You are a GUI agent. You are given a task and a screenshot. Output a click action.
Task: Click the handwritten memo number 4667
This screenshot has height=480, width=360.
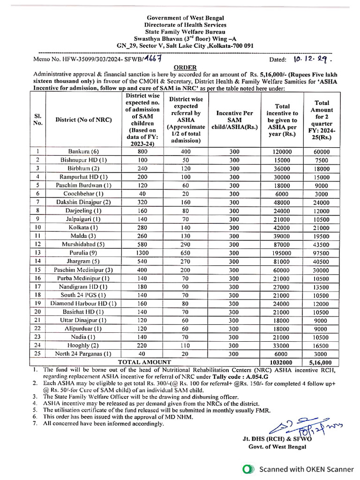pos(152,58)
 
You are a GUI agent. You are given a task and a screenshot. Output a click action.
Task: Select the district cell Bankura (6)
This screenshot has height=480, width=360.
pos(83,152)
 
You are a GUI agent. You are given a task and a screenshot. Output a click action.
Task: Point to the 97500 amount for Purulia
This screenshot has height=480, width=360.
pos(322,253)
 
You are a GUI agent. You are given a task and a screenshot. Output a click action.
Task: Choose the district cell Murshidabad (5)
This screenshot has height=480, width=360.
pos(83,245)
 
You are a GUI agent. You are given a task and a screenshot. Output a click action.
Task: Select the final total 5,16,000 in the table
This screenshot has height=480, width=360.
pos(322,362)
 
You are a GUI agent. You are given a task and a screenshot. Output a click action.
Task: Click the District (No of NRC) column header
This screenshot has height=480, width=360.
pos(83,119)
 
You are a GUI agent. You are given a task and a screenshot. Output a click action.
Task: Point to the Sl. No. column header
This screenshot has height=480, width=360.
pos(38,119)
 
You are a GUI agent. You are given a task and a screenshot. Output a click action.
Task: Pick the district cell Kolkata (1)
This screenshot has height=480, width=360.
pos(83,228)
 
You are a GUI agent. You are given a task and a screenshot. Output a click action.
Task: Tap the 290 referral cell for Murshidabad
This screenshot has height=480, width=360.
pos(185,245)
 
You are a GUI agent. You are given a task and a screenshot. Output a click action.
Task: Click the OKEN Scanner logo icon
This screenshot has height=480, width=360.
pos(248,469)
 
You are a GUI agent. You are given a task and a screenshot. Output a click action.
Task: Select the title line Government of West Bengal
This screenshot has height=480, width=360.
pos(185,18)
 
